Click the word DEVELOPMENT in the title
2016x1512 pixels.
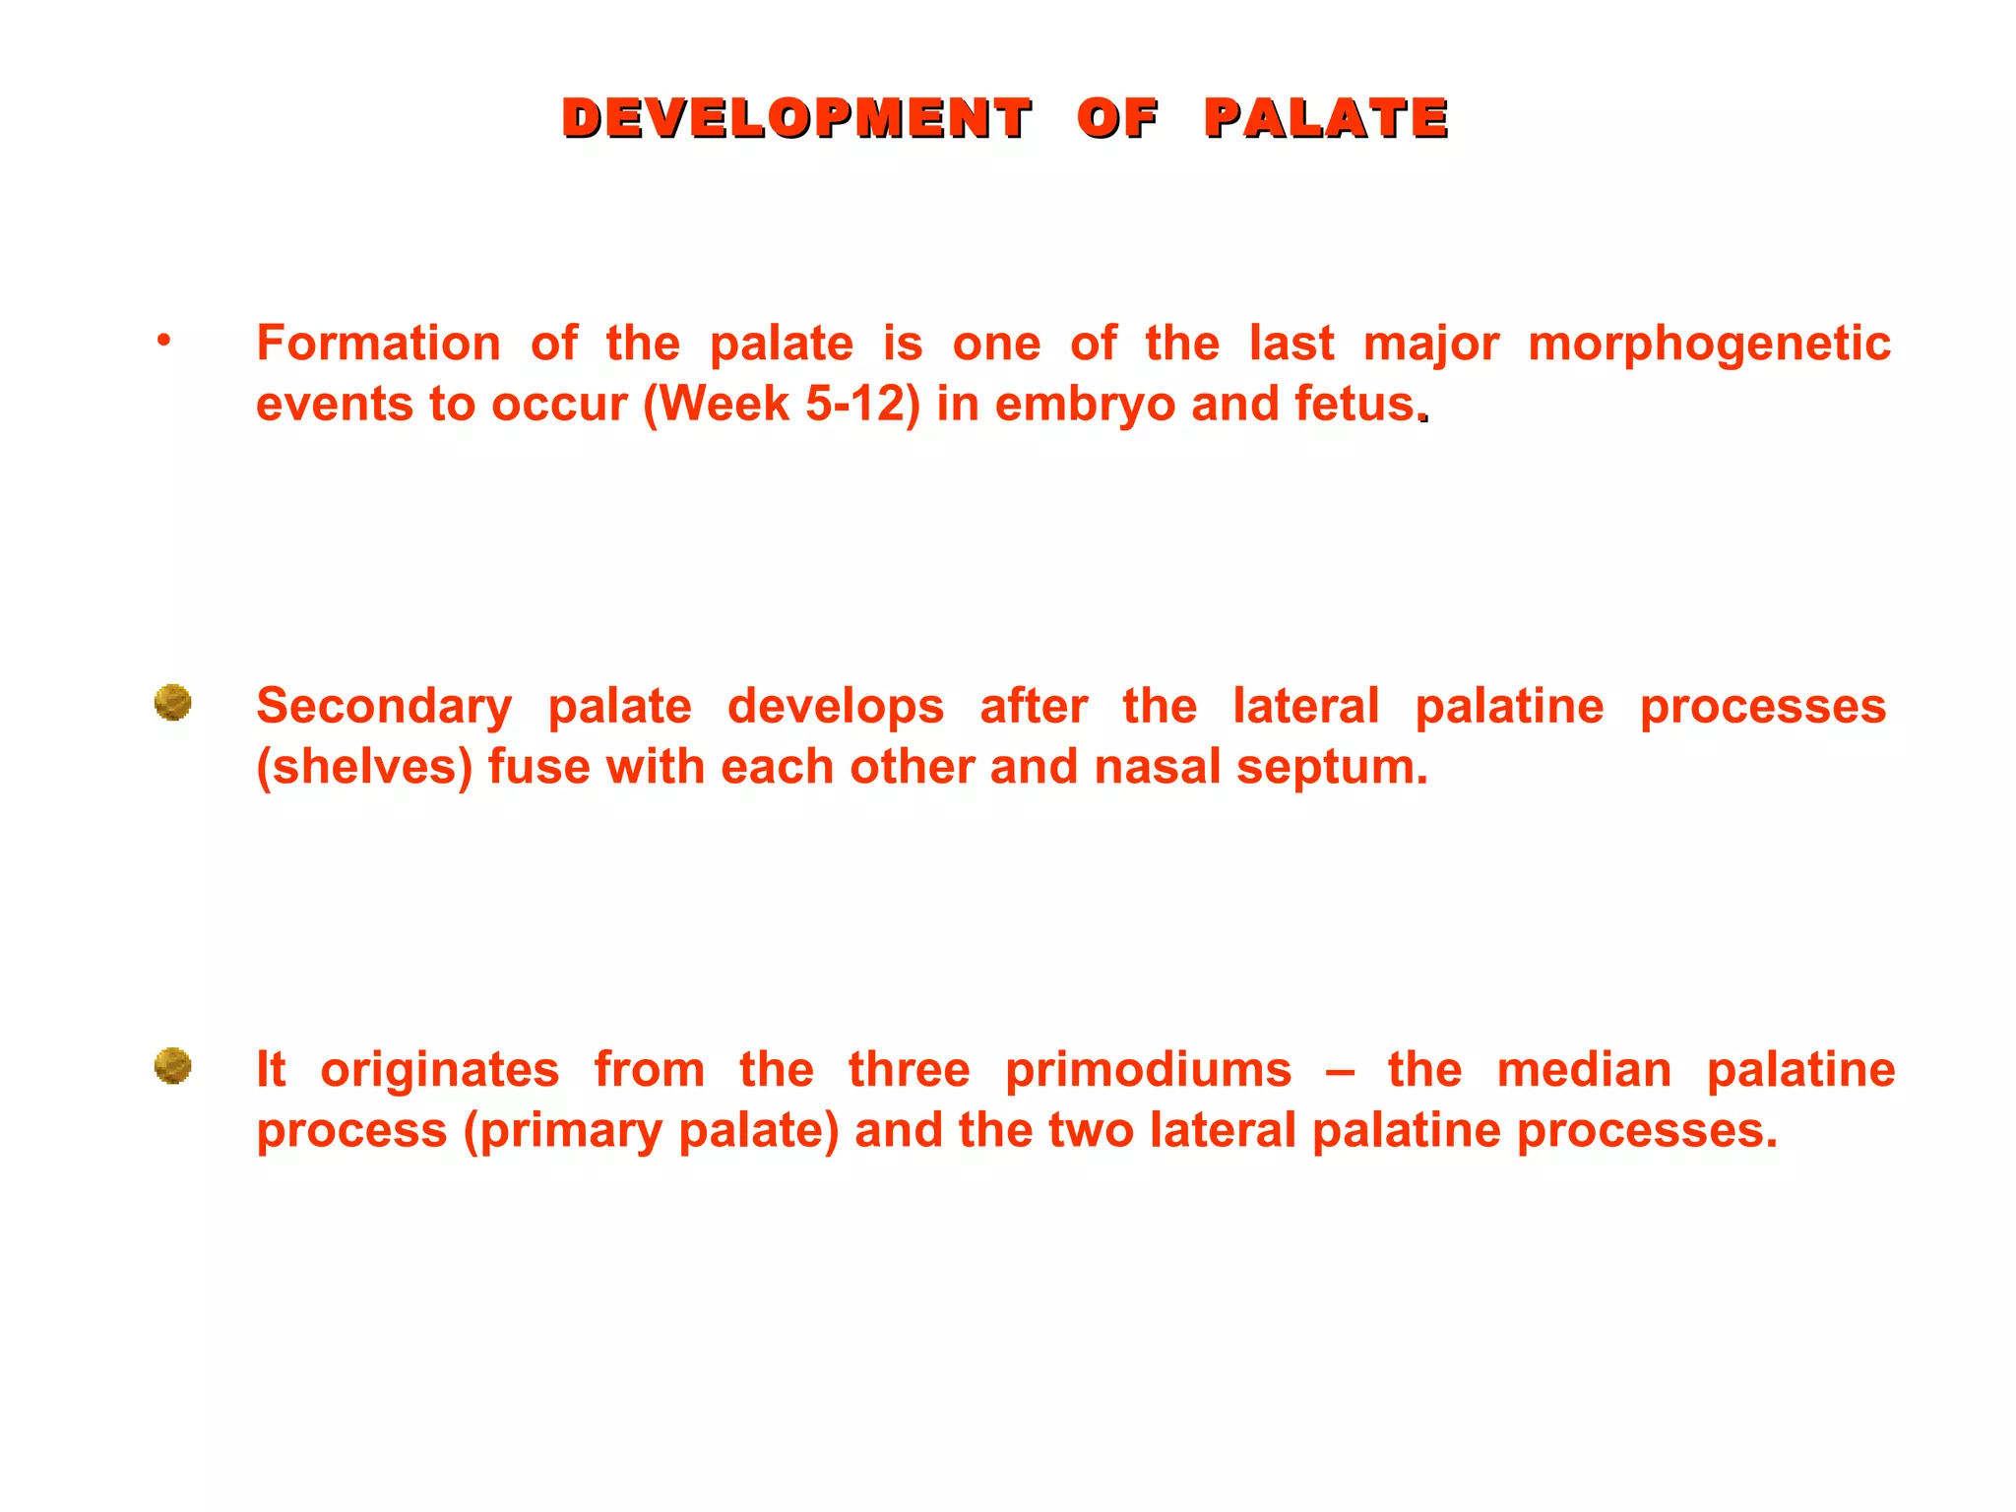tap(796, 119)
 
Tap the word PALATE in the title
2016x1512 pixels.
tap(1326, 119)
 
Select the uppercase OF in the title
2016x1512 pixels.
tap(1117, 119)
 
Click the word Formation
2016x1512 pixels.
tap(378, 344)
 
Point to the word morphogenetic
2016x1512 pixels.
tap(1709, 344)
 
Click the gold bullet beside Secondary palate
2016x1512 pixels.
tap(172, 703)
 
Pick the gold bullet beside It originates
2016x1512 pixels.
tap(172, 1066)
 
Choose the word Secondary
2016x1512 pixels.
tap(384, 707)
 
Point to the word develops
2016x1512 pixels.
tap(836, 707)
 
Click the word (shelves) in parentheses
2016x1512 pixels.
tap(364, 767)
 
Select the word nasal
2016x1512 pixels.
tap(1157, 767)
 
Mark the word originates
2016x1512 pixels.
tap(439, 1070)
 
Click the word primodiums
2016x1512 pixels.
tap(1148, 1070)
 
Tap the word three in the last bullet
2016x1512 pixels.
tap(909, 1070)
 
